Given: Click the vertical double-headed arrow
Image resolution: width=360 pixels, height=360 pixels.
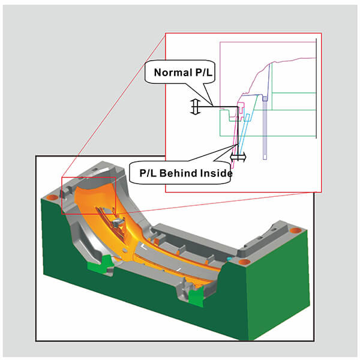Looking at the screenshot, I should pyautogui.click(x=194, y=107).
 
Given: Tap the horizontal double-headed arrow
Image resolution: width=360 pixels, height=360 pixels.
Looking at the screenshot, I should pyautogui.click(x=238, y=157).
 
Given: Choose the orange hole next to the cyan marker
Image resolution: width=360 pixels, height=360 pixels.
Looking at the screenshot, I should pyautogui.click(x=243, y=262).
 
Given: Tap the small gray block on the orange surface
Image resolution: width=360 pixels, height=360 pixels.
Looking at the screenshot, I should pyautogui.click(x=118, y=225).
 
